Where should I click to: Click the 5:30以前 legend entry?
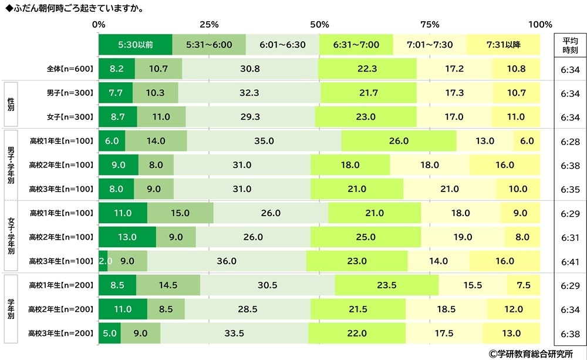[136, 45]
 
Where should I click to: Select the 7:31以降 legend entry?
[503, 45]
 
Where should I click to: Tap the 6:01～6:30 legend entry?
[282, 45]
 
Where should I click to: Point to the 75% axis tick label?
[430, 25]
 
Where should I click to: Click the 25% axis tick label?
[210, 25]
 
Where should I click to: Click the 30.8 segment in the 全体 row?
[250, 69]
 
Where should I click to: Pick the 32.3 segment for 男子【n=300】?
[250, 93]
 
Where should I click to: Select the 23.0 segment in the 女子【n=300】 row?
[365, 117]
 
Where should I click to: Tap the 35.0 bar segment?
[264, 141]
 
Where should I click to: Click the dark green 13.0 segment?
[127, 237]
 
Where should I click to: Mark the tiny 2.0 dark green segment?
[103, 261]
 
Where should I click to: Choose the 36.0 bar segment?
[227, 261]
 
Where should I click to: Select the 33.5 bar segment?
[234, 334]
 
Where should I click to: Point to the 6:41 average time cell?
[569, 261]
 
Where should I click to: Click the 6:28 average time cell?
[569, 141]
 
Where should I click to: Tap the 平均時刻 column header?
[569, 45]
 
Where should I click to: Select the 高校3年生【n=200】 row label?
[62, 334]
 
